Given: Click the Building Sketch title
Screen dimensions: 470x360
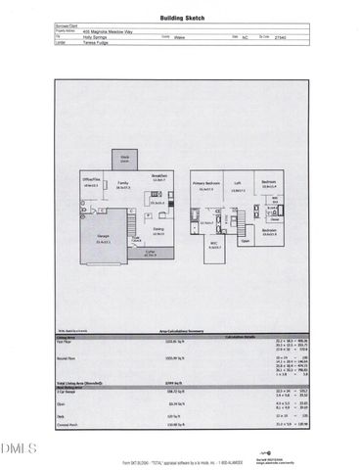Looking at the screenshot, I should [x=180, y=19].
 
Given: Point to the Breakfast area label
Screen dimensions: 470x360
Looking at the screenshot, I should [x=159, y=176].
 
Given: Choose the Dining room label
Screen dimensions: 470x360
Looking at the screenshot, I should [x=157, y=231].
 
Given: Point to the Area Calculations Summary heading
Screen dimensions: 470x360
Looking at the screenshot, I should [x=179, y=333].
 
